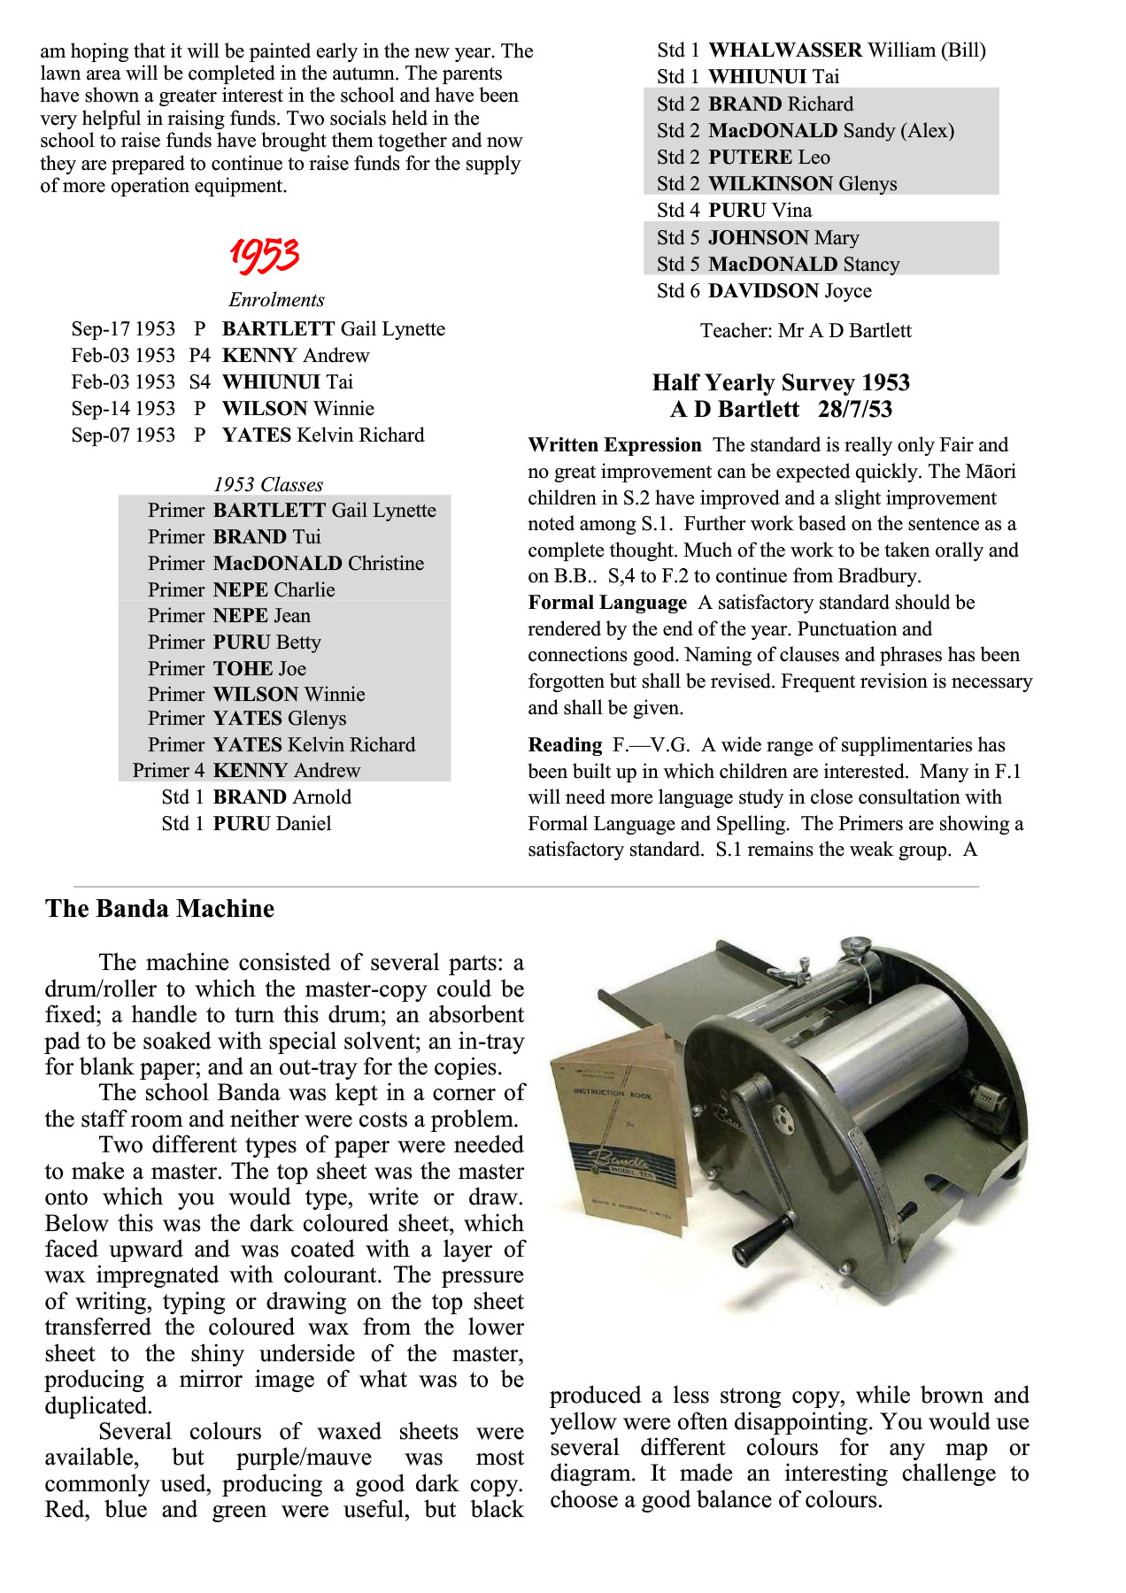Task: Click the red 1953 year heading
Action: tap(264, 255)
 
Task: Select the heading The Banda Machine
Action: tap(160, 909)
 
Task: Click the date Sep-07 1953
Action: tap(123, 435)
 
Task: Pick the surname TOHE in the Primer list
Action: tap(243, 669)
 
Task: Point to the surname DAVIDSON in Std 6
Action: tap(763, 291)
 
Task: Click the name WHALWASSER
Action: tap(785, 50)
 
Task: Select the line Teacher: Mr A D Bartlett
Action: tap(806, 331)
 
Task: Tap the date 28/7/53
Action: tap(855, 410)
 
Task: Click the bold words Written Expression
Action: tap(614, 445)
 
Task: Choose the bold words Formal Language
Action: tap(607, 603)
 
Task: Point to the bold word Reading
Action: tap(565, 745)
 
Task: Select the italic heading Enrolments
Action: tap(276, 300)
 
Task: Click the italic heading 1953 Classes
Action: tap(268, 485)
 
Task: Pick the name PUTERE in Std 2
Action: tap(750, 158)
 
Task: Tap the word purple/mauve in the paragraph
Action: tap(299, 1458)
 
